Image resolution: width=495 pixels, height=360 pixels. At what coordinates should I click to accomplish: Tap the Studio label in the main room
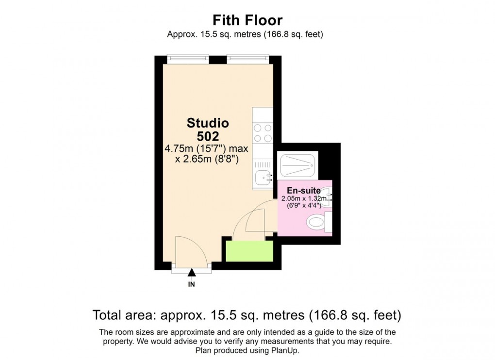click(208, 123)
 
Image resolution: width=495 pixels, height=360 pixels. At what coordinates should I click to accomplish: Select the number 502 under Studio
click(208, 136)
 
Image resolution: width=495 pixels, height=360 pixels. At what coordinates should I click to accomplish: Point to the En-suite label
click(304, 191)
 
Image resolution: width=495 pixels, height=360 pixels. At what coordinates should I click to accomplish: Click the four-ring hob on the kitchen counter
click(263, 132)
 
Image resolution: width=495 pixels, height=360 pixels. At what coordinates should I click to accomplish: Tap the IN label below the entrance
click(192, 284)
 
